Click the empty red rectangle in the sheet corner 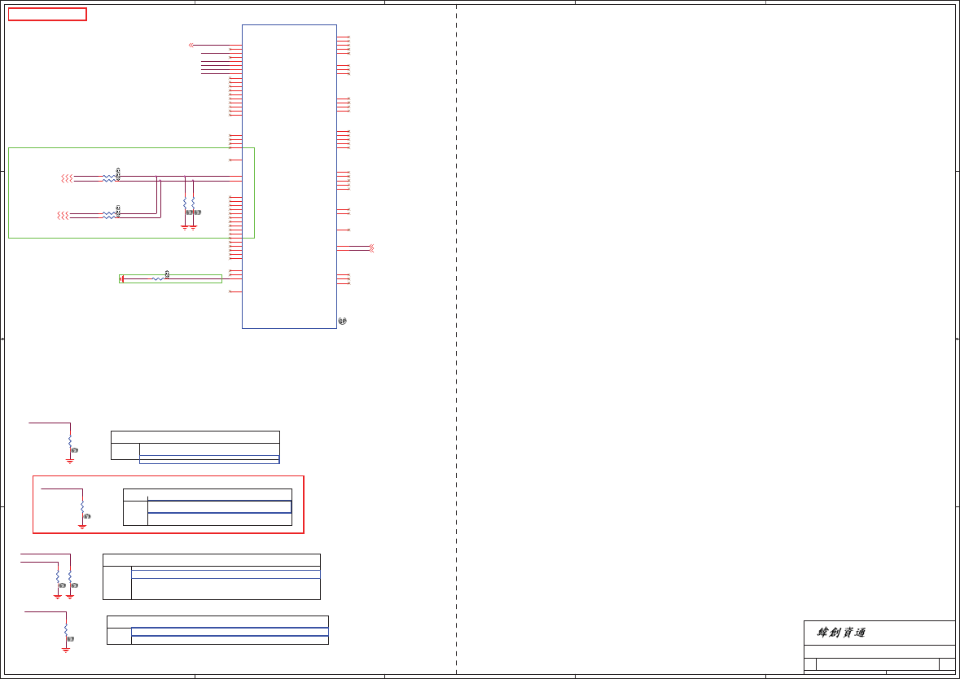[47, 14]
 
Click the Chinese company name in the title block [842, 633]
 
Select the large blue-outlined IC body [289, 176]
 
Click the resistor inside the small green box [158, 279]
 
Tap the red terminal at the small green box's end [122, 279]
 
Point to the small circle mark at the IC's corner [342, 322]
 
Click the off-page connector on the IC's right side [371, 248]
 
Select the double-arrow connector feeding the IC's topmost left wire [191, 45]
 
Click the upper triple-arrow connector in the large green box [68, 178]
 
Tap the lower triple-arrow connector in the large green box [63, 215]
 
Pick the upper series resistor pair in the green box [109, 178]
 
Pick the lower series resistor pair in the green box [109, 215]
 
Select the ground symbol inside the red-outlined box [82, 526]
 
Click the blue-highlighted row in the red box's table [219, 506]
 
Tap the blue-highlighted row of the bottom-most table [230, 631]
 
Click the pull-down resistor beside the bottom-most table [66, 631]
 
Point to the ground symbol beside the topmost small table [70, 461]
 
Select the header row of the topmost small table [195, 437]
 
